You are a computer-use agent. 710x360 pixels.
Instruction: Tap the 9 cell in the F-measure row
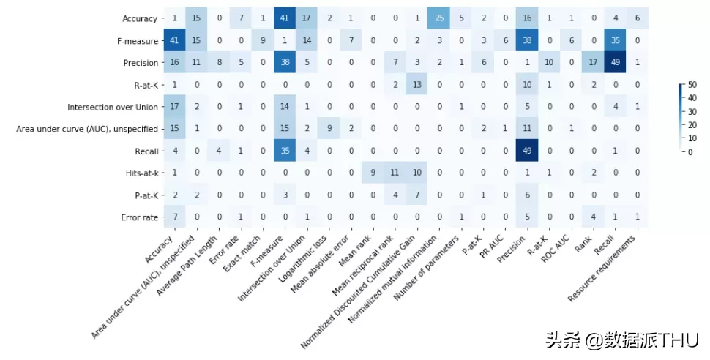click(268, 40)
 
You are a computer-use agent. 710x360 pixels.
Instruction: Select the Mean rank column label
click(365, 253)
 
